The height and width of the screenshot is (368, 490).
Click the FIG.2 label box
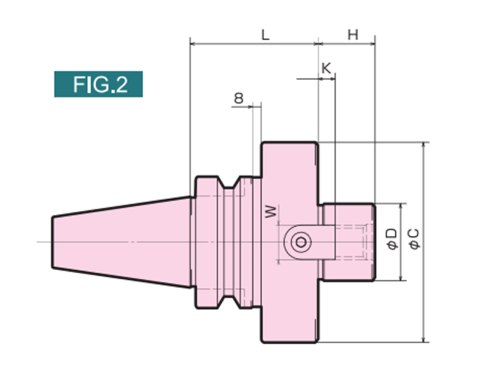coord(98,84)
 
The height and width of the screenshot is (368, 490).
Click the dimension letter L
coord(265,35)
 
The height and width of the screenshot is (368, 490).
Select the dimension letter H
coord(353,35)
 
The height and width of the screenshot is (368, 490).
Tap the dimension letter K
coord(326,69)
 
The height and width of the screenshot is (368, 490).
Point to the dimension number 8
coord(239,98)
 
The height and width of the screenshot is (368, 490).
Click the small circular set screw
coord(300,242)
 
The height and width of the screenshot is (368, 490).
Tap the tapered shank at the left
coord(123,242)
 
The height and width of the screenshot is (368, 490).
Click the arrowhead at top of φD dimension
coord(401,207)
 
